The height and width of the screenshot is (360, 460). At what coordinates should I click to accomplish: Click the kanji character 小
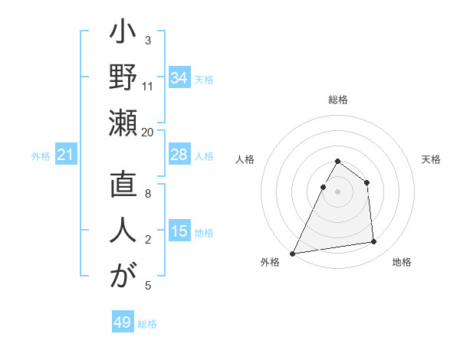(x=123, y=37)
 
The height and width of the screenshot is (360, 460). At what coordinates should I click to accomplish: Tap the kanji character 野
(x=123, y=79)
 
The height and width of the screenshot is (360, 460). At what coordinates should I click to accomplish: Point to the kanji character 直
(x=123, y=189)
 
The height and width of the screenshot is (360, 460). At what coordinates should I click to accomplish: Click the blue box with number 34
(x=179, y=77)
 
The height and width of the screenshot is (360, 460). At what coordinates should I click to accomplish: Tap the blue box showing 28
(x=179, y=155)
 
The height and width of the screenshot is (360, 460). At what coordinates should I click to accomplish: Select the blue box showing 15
(x=179, y=231)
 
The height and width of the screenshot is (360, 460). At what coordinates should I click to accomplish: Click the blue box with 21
(x=66, y=155)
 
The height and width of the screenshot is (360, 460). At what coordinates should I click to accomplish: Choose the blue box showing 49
(x=123, y=322)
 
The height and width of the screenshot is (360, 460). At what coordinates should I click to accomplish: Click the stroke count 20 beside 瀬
(x=148, y=132)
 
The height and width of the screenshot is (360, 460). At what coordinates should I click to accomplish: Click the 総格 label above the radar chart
(x=338, y=100)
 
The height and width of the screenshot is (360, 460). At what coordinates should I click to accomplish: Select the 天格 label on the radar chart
(x=431, y=160)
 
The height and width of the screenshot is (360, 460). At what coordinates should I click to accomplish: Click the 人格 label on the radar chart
(x=245, y=160)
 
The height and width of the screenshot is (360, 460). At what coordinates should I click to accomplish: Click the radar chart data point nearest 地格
(x=374, y=242)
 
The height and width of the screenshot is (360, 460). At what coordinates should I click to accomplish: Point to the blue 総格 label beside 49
(x=147, y=324)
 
